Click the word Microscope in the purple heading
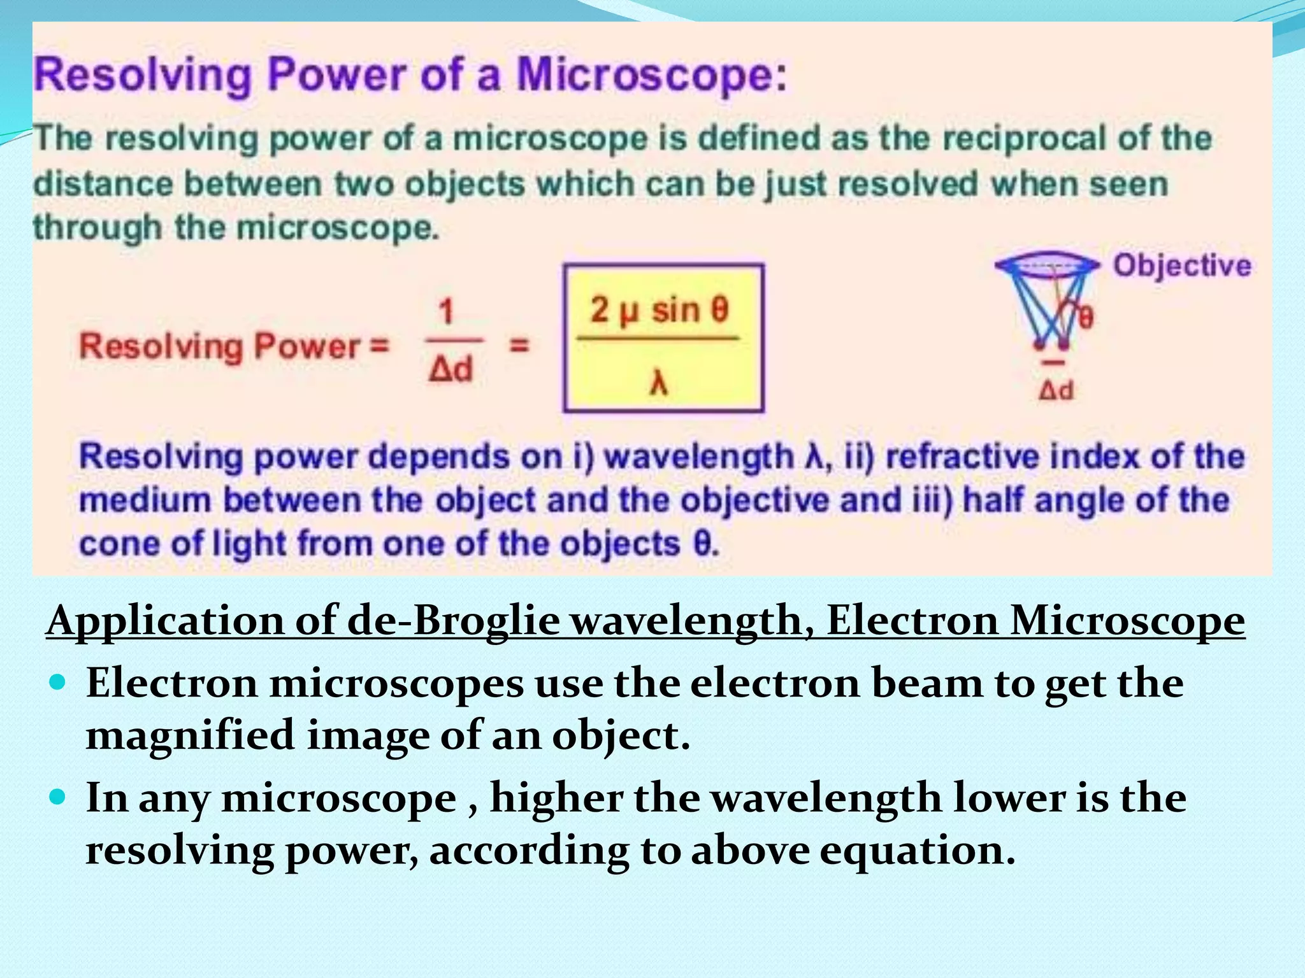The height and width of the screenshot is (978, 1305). (650, 76)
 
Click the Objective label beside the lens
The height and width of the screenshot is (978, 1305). (1181, 265)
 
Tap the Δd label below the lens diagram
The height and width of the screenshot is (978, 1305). (1056, 390)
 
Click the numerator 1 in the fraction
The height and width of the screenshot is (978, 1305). (446, 312)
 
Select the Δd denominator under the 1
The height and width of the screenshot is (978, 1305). (451, 369)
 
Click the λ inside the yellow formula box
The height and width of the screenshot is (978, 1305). (658, 383)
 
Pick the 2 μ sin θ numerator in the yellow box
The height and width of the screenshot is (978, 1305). (659, 310)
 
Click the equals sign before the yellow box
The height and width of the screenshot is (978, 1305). (519, 346)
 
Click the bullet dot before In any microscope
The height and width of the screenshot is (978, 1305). (57, 797)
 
